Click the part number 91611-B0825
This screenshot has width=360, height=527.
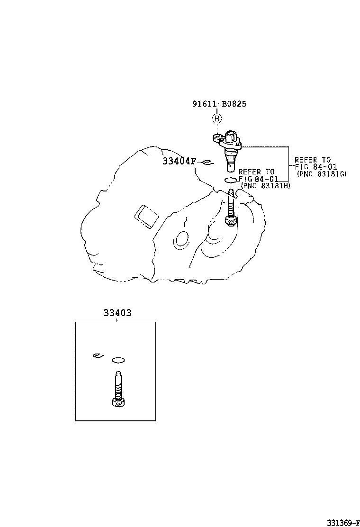pyautogui.click(x=219, y=104)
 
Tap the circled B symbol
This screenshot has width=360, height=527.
pyautogui.click(x=216, y=118)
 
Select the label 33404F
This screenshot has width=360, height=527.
pyautogui.click(x=179, y=161)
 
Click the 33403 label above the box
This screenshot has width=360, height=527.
pyautogui.click(x=117, y=313)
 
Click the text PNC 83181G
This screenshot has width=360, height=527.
pyautogui.click(x=322, y=174)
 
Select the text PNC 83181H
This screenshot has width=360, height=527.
pyautogui.click(x=266, y=185)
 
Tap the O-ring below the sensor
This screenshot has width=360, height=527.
pyautogui.click(x=231, y=180)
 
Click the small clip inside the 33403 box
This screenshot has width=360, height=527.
pyautogui.click(x=98, y=356)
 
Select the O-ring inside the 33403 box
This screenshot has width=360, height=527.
pyautogui.click(x=118, y=360)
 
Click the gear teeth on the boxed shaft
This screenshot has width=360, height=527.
pyautogui.click(x=118, y=403)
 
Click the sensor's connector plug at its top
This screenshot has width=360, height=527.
pyautogui.click(x=232, y=136)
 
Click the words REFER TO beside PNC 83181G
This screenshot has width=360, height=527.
pyautogui.click(x=313, y=160)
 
